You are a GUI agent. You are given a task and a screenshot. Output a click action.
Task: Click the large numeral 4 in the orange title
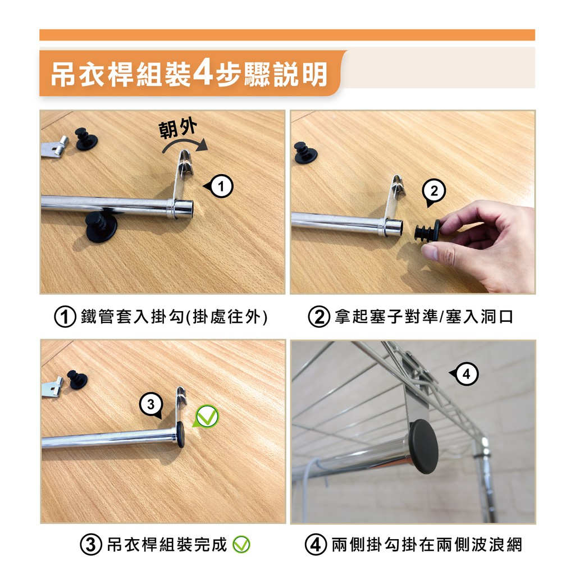(202, 73)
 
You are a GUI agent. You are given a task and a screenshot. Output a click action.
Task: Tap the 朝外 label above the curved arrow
(178, 129)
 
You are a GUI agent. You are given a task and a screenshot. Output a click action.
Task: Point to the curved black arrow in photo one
(185, 145)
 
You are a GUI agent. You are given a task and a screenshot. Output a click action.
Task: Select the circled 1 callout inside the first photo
(218, 186)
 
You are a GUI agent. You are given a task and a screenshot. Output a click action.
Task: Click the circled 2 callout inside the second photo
(433, 192)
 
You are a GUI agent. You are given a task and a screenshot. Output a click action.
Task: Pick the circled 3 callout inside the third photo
(151, 405)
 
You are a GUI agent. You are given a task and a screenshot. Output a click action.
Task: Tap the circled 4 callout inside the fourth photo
(464, 375)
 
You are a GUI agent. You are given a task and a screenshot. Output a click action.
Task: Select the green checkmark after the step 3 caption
(241, 544)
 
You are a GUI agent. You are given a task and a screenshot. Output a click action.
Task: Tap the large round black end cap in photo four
(423, 446)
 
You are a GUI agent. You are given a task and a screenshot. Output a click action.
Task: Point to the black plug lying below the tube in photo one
(101, 227)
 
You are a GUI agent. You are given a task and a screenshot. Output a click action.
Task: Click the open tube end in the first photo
(184, 209)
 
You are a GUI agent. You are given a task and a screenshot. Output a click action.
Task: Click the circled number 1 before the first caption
(65, 317)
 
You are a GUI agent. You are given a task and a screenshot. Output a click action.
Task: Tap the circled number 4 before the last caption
(316, 545)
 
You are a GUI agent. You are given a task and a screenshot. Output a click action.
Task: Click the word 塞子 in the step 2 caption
(386, 317)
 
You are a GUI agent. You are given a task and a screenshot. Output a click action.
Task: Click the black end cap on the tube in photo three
(180, 434)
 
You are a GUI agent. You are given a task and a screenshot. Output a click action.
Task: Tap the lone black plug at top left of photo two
(305, 152)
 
